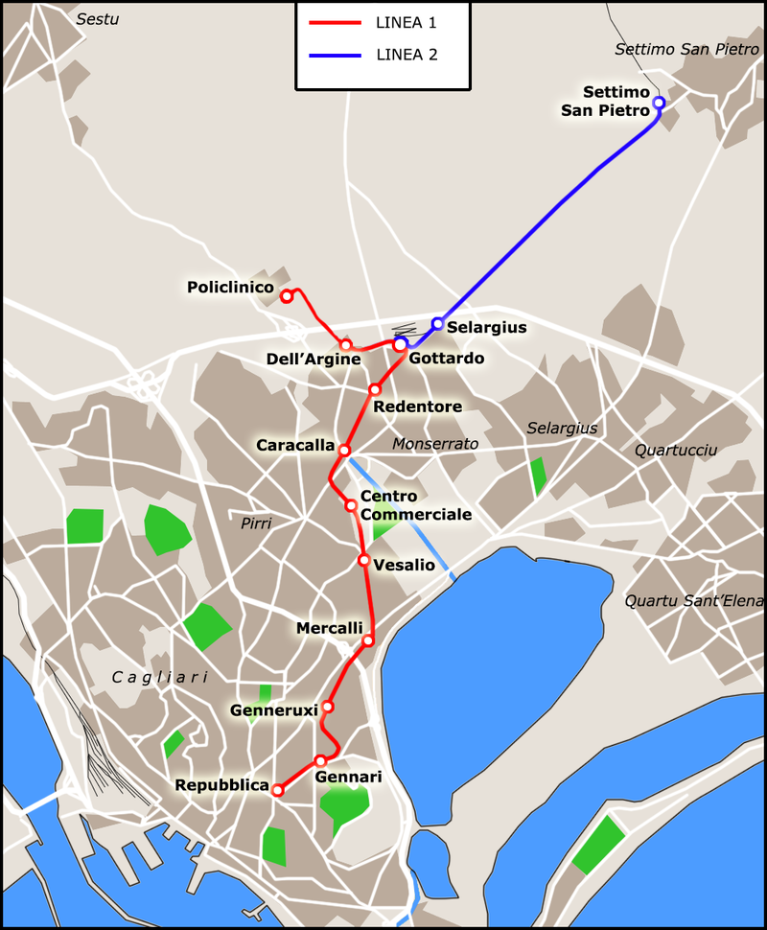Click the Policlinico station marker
click(286, 296)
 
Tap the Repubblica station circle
click(278, 791)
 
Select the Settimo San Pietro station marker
click(658, 103)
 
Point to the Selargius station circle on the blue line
click(437, 324)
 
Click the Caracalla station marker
click(344, 450)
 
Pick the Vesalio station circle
click(364, 560)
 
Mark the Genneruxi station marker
click(327, 707)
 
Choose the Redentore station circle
click(375, 389)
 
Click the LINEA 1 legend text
click(407, 21)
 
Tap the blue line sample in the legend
click(335, 56)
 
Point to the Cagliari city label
click(160, 677)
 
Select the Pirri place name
click(256, 523)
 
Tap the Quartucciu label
click(675, 450)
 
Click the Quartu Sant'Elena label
click(694, 601)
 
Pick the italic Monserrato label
click(435, 444)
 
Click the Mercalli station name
click(329, 628)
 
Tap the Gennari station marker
click(321, 760)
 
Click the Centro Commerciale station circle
click(352, 504)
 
